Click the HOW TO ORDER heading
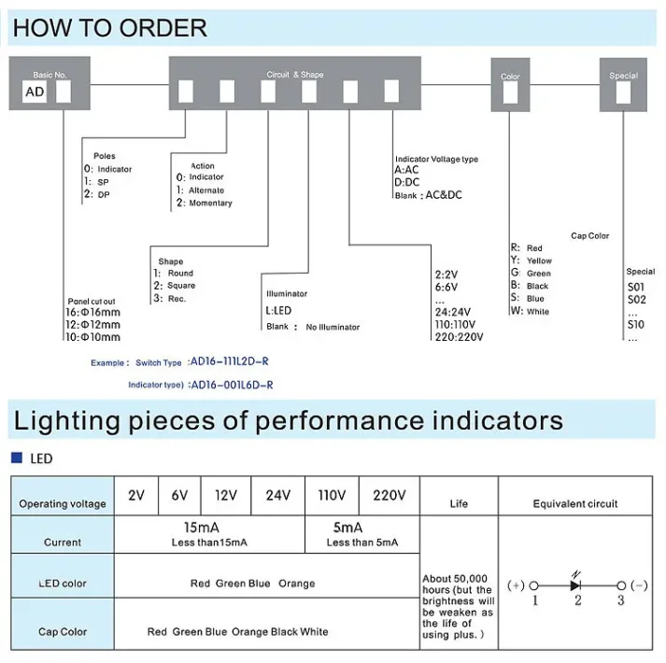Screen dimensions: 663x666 click(x=110, y=28)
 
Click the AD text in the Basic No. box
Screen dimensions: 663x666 click(x=35, y=92)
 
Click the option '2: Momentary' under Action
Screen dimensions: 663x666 click(x=205, y=203)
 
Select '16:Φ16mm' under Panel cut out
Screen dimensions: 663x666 click(x=93, y=313)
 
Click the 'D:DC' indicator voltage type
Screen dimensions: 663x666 click(x=407, y=182)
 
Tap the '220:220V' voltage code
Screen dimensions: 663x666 click(x=459, y=337)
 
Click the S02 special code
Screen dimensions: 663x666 click(x=636, y=300)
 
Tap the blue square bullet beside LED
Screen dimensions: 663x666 click(x=16, y=458)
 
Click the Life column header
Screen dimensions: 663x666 click(x=459, y=503)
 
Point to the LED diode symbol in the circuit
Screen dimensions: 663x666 click(x=577, y=585)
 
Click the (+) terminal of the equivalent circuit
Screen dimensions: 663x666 click(x=516, y=585)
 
